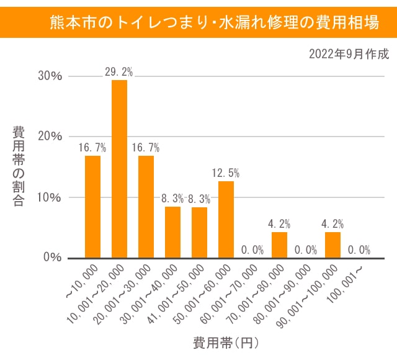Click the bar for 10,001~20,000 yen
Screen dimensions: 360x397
point(119,169)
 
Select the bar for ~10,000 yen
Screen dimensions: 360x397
point(92,207)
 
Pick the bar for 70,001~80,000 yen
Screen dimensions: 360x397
point(279,245)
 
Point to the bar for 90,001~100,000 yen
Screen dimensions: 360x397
point(332,245)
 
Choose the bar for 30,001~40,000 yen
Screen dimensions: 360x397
point(172,232)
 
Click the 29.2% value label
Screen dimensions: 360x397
point(119,72)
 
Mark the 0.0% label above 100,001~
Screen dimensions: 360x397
point(358,250)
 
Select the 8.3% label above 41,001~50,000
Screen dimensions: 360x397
point(199,199)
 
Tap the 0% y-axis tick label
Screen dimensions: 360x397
point(53,257)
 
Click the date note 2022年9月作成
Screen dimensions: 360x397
point(349,54)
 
